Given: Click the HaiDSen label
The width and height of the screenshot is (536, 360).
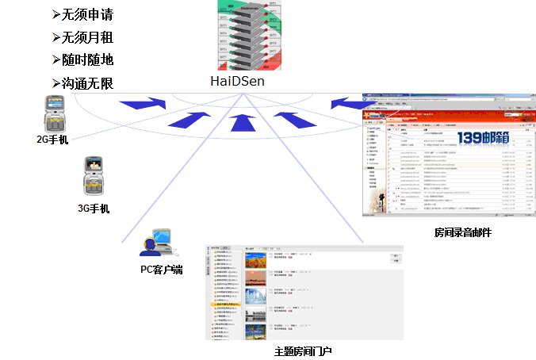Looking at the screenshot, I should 238,81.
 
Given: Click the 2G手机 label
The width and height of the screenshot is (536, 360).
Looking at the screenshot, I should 53,140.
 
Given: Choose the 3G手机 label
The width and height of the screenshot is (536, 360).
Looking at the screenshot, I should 94,209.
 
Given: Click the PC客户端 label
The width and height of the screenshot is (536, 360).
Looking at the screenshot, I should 162,270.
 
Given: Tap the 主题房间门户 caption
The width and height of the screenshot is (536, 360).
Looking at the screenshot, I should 303,350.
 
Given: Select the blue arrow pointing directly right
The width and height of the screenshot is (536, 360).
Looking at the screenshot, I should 148,103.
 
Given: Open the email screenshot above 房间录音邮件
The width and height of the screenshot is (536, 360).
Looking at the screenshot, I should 447,154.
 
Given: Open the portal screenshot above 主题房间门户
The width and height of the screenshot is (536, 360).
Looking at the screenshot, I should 304,292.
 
